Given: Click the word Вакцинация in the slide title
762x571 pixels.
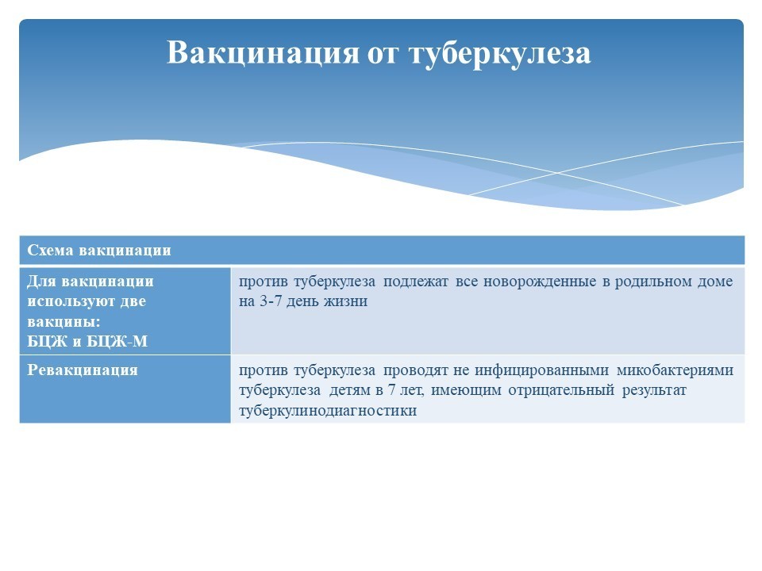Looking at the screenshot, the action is click(263, 52).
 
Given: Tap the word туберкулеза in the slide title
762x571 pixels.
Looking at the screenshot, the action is click(500, 53).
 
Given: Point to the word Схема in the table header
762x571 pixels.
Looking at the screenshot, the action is click(50, 250).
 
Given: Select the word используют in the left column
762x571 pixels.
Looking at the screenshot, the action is click(70, 301).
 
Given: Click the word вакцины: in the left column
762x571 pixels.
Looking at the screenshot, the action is click(63, 321).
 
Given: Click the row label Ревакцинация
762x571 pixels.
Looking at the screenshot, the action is click(83, 370).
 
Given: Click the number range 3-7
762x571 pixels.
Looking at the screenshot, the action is click(270, 301).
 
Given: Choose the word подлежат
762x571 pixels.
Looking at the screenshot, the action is click(415, 282).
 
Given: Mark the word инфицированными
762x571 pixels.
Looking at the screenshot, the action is click(541, 370).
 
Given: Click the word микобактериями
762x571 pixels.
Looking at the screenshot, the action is click(675, 370).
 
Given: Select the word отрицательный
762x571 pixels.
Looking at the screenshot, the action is click(561, 390).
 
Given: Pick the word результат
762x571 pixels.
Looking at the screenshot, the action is click(654, 390).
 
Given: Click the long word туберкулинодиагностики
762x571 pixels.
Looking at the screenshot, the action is click(328, 411).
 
